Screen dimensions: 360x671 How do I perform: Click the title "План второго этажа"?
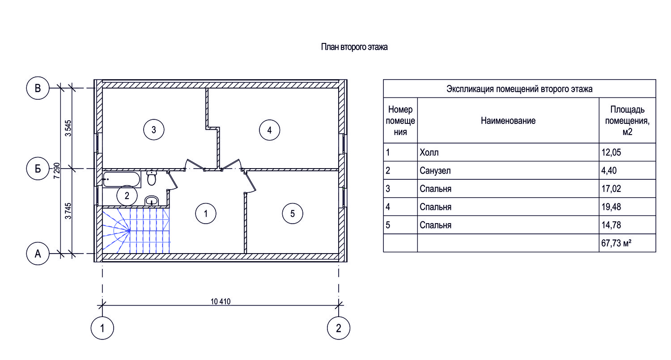(x=354, y=47)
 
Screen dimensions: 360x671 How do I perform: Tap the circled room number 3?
(x=153, y=130)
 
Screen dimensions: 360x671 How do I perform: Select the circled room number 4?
(x=269, y=130)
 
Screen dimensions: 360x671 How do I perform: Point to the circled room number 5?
(x=293, y=213)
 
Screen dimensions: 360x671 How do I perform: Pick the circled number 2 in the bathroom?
(x=127, y=195)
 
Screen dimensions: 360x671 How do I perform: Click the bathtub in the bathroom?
(x=122, y=179)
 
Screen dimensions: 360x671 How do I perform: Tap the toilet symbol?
(x=152, y=178)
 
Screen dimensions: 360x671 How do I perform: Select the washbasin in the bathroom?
(x=153, y=201)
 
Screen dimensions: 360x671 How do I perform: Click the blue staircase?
(x=136, y=231)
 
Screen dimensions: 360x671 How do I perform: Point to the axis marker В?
(x=38, y=88)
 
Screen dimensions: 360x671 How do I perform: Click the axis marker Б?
(x=38, y=169)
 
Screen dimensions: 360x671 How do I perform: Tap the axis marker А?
(x=38, y=254)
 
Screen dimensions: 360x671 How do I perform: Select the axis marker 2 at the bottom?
(x=339, y=328)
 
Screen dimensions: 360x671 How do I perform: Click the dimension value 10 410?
(x=220, y=301)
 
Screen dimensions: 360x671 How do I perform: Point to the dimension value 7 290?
(x=56, y=170)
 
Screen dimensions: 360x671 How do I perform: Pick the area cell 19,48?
(x=611, y=207)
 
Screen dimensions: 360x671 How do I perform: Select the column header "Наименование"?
(x=508, y=120)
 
